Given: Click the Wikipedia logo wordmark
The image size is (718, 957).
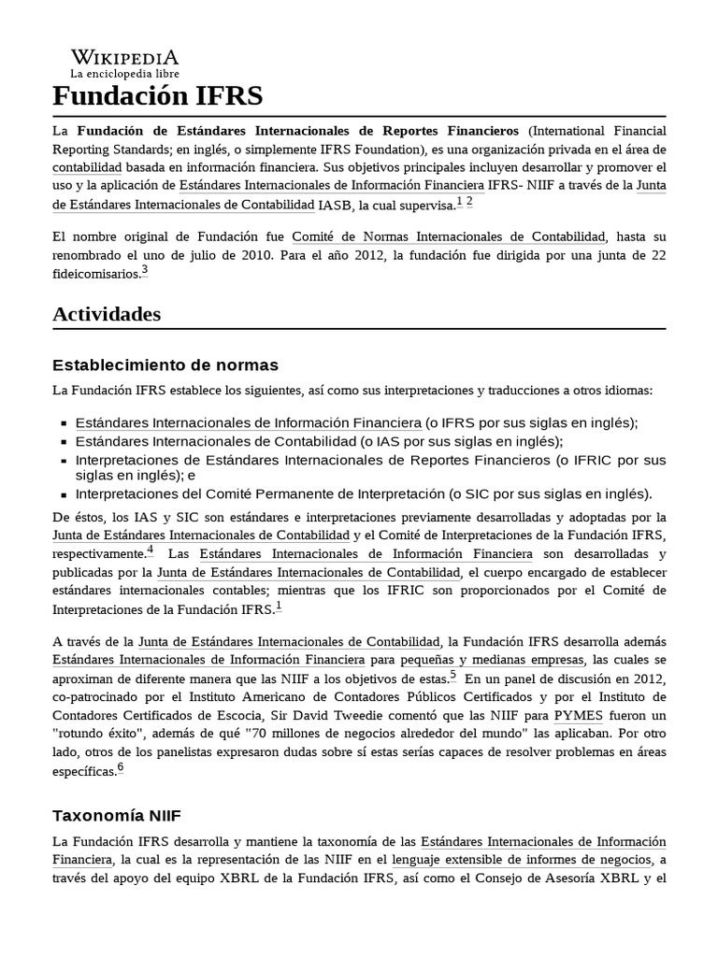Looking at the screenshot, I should pos(124,57).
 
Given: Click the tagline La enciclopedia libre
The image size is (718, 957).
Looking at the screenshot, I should pos(124,73).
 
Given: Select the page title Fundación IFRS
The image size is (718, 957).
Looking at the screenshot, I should pos(157,96).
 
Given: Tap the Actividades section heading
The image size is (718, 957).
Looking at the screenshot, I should pos(107,314).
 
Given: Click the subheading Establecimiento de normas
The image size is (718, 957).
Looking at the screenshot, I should pos(165,364).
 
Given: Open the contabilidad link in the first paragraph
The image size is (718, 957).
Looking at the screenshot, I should pos(87,166).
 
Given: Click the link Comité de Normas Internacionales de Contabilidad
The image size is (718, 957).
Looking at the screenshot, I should pos(449,236).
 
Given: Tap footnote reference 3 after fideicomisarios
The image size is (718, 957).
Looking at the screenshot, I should pos(145,272).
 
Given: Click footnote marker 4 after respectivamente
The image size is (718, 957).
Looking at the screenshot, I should pos(150,550).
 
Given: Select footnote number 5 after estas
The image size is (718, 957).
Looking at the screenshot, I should pos(452,675).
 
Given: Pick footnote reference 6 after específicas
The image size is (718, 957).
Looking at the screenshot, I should pos(121,769).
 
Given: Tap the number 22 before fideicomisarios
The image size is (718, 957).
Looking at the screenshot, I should pos(657,255).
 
